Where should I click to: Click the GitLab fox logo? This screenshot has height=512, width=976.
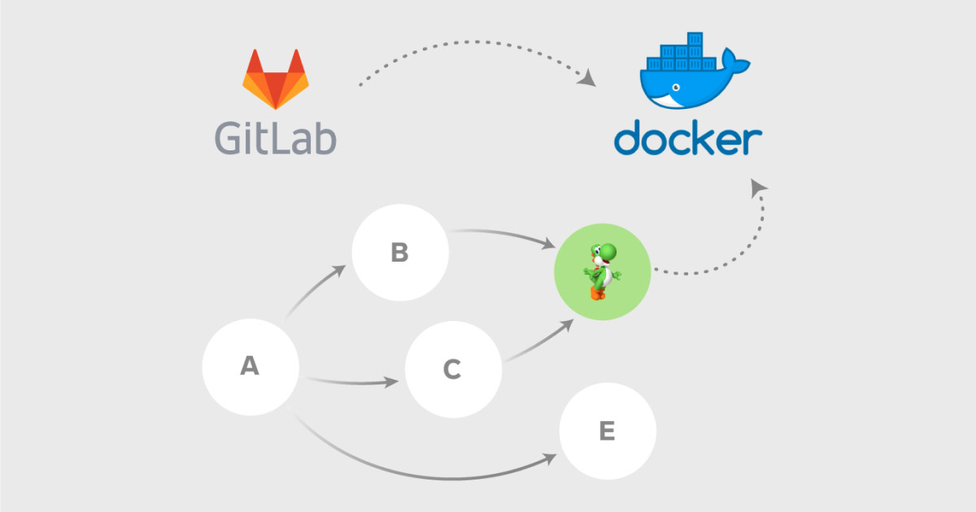tap(276, 79)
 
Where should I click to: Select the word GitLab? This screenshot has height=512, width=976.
tap(276, 138)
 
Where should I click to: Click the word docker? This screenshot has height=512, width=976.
tap(687, 139)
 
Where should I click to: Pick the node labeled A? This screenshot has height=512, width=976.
tap(250, 367)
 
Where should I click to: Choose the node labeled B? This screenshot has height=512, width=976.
tap(399, 253)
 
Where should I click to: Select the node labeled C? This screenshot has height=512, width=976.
tap(452, 370)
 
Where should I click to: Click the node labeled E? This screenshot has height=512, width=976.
tap(607, 431)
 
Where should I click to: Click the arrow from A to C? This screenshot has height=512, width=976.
tap(350, 380)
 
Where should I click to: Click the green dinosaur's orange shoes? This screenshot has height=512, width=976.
tap(599, 293)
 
